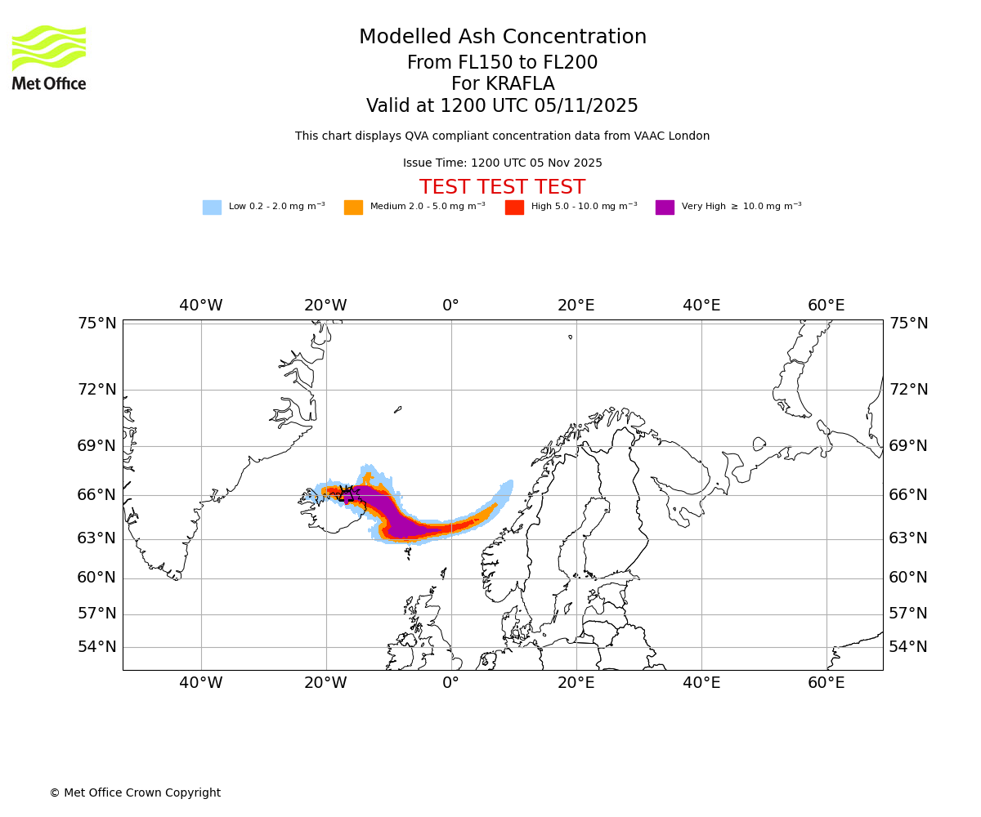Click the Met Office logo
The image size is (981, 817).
[x=49, y=57]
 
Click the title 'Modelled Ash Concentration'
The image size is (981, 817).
[x=502, y=38]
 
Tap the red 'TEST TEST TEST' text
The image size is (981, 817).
[x=502, y=187]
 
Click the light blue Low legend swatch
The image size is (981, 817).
[x=212, y=208]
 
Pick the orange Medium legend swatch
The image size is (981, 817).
[x=353, y=208]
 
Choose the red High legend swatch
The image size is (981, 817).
[x=514, y=208]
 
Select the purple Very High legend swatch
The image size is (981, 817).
[x=665, y=208]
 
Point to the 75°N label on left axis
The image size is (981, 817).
[x=97, y=324]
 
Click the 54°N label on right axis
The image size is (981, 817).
[x=908, y=647]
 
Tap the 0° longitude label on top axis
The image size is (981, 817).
[x=450, y=306]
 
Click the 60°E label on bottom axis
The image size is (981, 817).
[x=826, y=683]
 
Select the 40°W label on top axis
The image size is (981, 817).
[x=201, y=306]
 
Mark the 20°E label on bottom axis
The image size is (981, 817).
[x=576, y=683]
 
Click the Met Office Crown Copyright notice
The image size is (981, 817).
[x=135, y=792]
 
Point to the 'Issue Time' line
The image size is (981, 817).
[x=502, y=163]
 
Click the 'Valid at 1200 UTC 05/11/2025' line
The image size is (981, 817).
[x=502, y=106]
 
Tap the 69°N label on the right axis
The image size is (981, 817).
[x=908, y=446]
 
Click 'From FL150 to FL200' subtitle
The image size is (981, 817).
[x=502, y=63]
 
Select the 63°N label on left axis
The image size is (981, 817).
[x=97, y=538]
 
